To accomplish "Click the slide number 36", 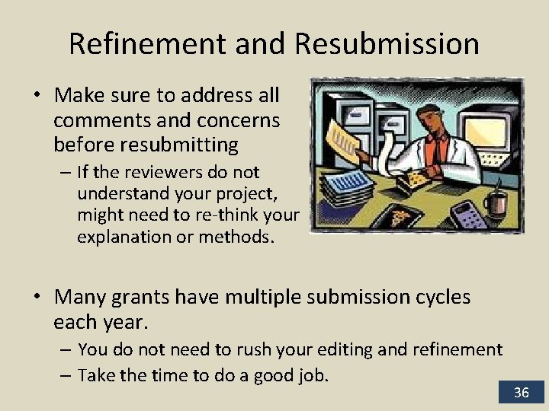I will (x=522, y=393).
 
